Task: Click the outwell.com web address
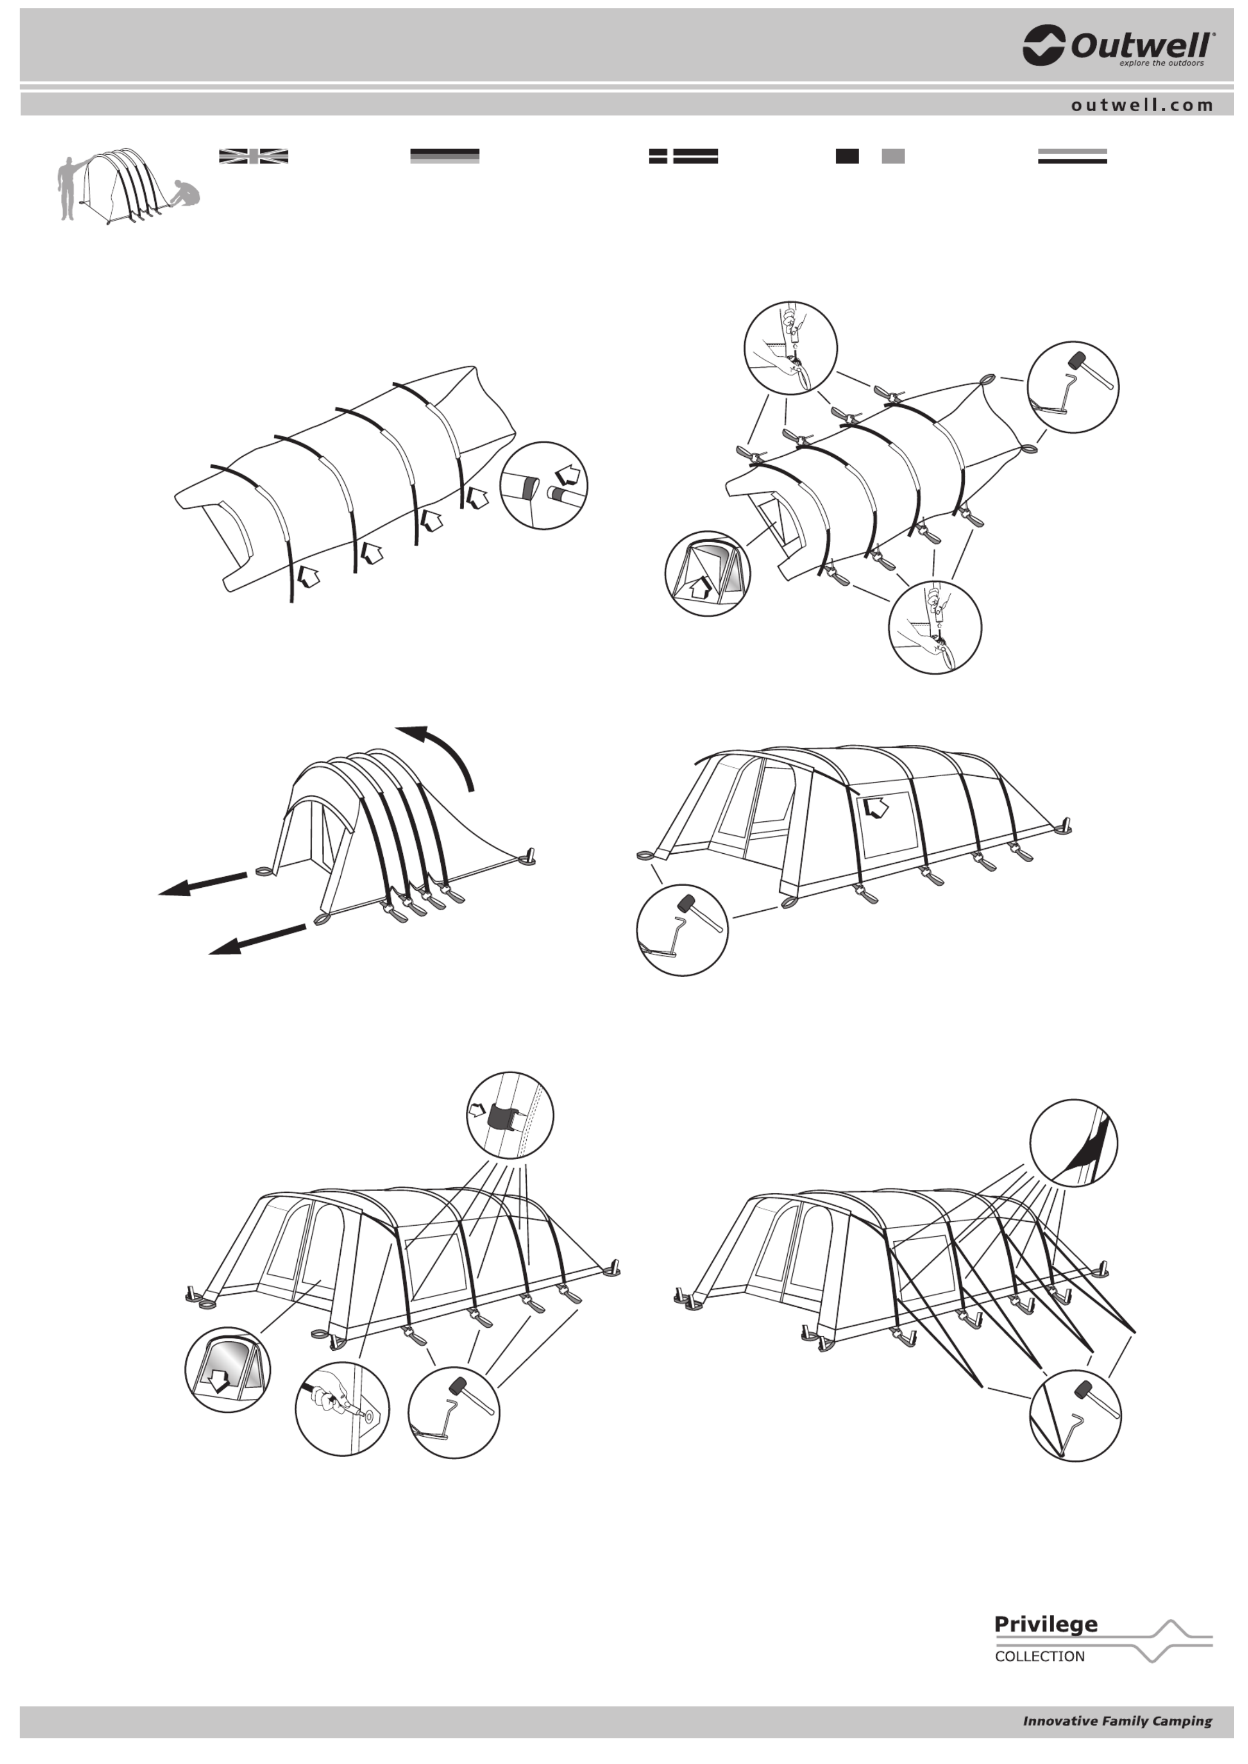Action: pos(1142,105)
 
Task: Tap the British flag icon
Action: pos(254,156)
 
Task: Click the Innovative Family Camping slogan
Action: pos(1117,1721)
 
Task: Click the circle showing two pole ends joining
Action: pos(544,486)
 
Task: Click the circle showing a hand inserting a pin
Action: pos(342,1408)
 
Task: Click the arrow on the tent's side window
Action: pos(875,807)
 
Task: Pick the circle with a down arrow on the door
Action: pos(227,1369)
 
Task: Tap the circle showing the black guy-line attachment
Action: pos(1074,1143)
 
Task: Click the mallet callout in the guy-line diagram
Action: pos(1075,1415)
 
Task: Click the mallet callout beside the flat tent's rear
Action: pos(1073,387)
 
